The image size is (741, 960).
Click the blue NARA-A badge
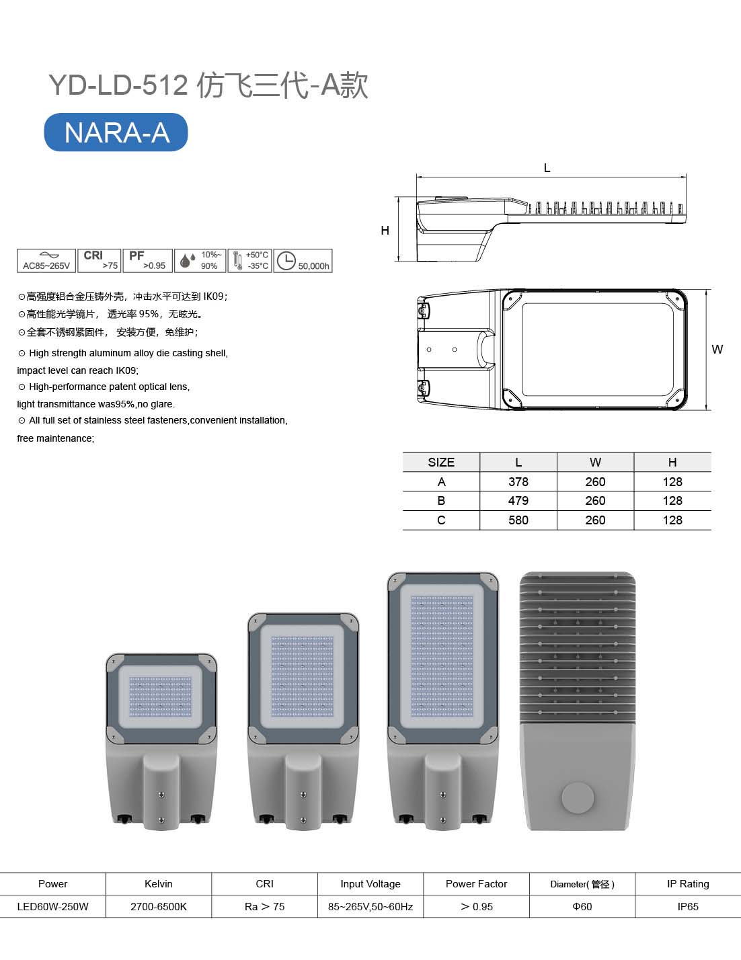[116, 132]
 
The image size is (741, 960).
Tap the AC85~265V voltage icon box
[46, 261]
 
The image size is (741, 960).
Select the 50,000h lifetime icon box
[303, 261]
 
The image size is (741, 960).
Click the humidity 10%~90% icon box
[200, 261]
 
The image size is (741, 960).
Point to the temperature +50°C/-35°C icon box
[249, 261]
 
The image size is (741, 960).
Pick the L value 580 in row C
[518, 520]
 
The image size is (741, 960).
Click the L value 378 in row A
[518, 481]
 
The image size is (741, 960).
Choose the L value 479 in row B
[518, 501]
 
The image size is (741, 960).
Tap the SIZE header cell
[441, 462]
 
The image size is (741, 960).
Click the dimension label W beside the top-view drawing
[717, 350]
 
